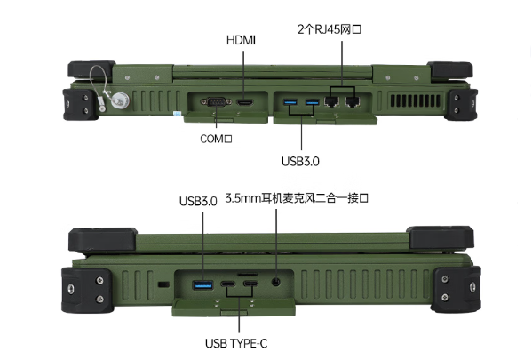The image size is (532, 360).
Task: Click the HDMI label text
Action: click(242, 42)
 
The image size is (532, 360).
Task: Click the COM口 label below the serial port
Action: click(216, 138)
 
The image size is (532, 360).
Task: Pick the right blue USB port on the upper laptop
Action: click(312, 104)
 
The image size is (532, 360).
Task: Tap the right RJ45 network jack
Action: click(353, 103)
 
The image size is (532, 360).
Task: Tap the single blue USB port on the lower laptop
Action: click(202, 284)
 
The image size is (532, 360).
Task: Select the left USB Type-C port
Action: click(229, 285)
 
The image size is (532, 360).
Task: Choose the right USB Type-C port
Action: click(252, 285)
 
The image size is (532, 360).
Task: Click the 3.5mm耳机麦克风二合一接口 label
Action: click(297, 199)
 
